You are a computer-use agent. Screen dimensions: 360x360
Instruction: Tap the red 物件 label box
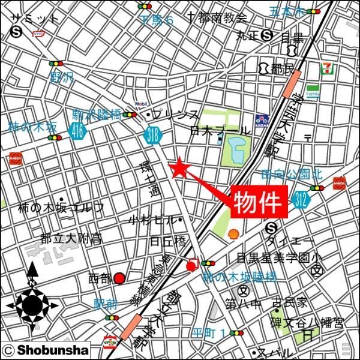coord(258,203)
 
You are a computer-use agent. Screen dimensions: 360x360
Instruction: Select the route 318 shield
coord(153,136)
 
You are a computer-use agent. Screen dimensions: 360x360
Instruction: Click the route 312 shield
coord(301,203)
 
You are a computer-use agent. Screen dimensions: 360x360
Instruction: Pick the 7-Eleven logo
coord(327,68)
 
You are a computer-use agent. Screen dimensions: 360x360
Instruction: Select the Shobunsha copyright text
coord(46,350)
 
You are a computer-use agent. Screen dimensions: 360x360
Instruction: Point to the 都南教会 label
coord(217,17)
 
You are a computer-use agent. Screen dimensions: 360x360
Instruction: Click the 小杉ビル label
coord(152,220)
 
